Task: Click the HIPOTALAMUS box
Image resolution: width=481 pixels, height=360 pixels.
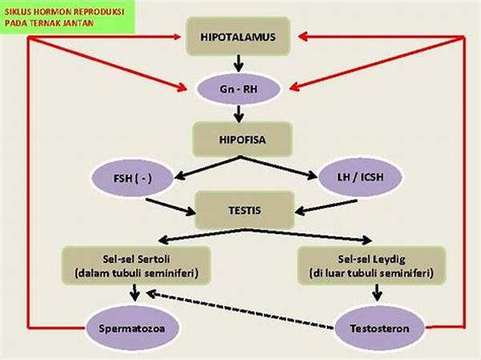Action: (x=238, y=37)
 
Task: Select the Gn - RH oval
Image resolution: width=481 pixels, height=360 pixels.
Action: (x=238, y=89)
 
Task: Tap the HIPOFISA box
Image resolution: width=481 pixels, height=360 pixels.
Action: (x=242, y=140)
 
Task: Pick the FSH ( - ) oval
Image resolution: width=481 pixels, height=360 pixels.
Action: (x=132, y=178)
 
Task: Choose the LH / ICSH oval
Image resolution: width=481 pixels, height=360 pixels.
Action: (x=361, y=177)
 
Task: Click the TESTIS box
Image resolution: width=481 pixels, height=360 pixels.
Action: (x=245, y=210)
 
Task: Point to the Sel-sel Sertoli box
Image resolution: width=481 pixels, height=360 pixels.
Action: (x=136, y=265)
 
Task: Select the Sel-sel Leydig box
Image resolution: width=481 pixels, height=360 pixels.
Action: (x=371, y=265)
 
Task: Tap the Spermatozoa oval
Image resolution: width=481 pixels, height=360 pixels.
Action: (x=132, y=329)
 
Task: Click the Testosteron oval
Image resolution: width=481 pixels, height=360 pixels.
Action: (x=379, y=329)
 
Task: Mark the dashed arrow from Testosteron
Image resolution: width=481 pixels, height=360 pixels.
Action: (x=240, y=310)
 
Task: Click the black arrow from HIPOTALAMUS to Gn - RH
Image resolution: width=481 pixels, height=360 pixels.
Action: (x=238, y=64)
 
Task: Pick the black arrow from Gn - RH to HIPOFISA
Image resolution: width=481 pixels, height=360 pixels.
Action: (x=239, y=114)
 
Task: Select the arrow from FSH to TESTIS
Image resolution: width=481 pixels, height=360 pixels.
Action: (x=171, y=207)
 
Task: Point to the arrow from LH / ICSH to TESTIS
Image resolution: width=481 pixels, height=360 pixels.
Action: (x=326, y=207)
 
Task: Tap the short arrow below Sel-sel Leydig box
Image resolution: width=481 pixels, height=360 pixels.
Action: (x=377, y=293)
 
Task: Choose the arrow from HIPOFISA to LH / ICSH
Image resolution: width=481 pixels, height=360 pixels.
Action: (x=278, y=168)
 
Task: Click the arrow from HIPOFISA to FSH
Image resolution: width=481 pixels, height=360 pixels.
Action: (x=208, y=168)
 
